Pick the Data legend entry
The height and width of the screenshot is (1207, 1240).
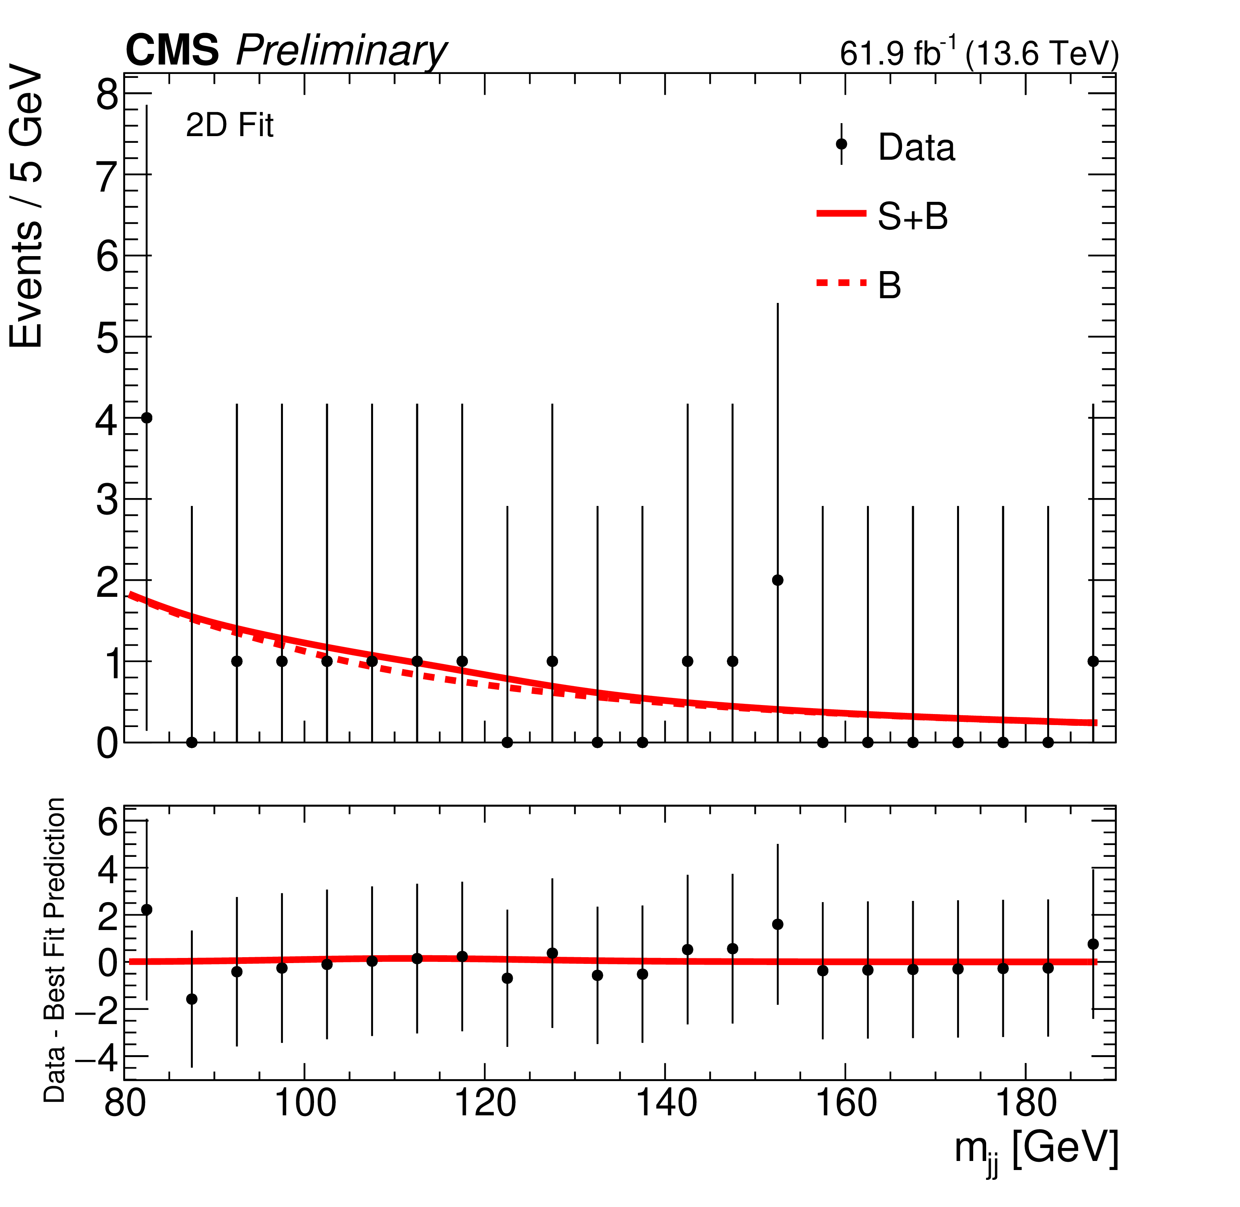(x=915, y=148)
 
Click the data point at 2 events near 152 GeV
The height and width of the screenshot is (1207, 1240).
(x=777, y=580)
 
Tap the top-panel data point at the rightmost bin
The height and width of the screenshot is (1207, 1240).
(x=1093, y=661)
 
